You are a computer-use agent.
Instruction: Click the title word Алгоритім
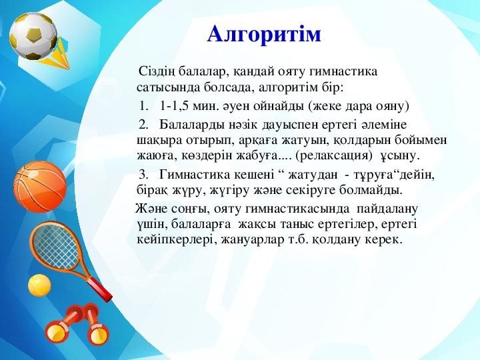point(264,34)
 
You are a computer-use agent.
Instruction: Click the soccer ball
point(33,35)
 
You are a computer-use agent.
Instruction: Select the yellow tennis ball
point(39,285)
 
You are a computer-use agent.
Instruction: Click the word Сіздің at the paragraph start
point(157,72)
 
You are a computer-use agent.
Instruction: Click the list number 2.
point(143,125)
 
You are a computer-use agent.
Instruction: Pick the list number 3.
point(143,175)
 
